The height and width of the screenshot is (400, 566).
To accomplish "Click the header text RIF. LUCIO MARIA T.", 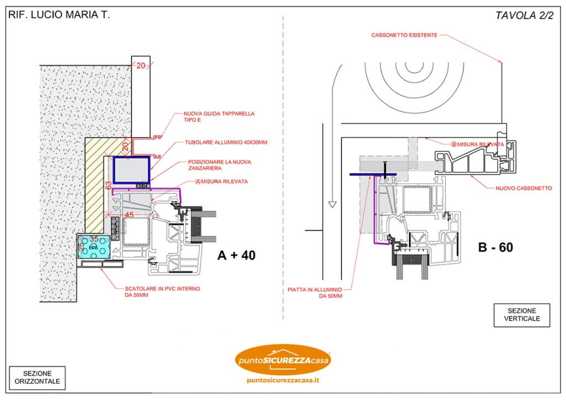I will (x=59, y=15).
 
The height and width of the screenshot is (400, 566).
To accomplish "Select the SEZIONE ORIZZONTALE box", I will (x=38, y=377).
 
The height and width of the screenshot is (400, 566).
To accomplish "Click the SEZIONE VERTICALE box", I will (x=522, y=315).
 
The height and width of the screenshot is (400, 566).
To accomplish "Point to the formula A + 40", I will (x=237, y=255).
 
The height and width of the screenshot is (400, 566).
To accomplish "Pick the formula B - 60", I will (x=495, y=248).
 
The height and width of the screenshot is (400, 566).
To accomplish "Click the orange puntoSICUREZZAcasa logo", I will (x=282, y=360).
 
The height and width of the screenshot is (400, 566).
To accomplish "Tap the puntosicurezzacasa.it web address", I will (x=282, y=381).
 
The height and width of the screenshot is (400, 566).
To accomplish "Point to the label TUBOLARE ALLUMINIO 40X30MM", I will (x=226, y=142).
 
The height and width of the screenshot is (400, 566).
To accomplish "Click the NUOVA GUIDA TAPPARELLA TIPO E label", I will (x=219, y=117).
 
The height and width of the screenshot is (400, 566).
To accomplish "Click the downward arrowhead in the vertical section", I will (x=332, y=205).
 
